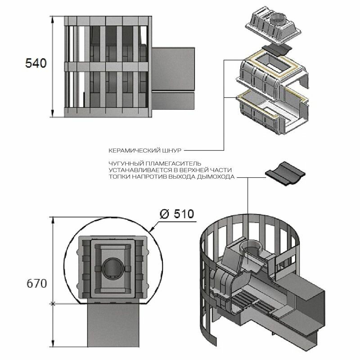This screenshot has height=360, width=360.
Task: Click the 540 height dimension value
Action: click(35, 63)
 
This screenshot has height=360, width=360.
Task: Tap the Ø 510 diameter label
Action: click(177, 213)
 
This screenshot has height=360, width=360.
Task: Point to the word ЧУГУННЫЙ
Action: click(123, 163)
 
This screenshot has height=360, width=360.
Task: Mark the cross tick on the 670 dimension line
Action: click(54, 304)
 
